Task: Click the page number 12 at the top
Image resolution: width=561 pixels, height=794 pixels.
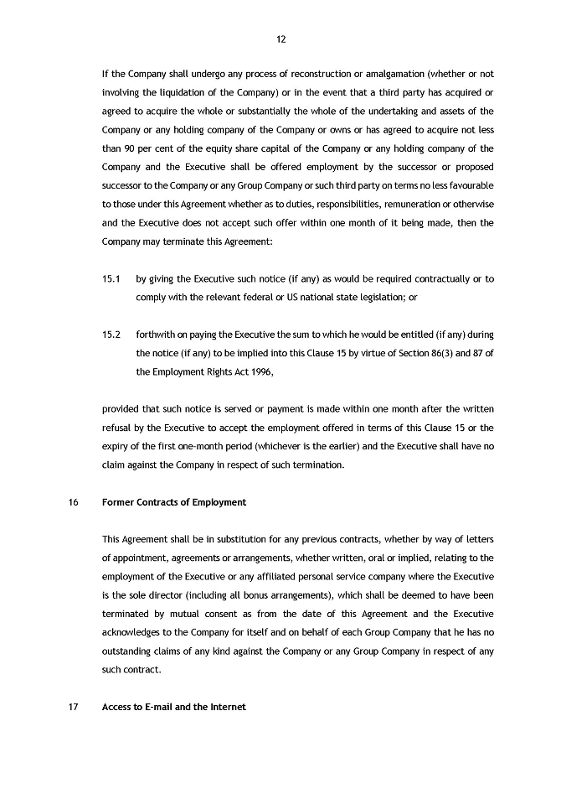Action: [x=280, y=39]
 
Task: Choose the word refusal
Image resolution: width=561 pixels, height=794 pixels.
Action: [x=120, y=428]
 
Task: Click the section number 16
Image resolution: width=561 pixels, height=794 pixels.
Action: [x=73, y=502]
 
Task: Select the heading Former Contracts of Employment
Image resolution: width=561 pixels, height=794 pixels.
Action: [x=174, y=502]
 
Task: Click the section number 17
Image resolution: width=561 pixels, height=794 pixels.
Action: [x=73, y=708]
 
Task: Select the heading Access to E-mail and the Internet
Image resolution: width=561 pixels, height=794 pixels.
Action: [x=173, y=708]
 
